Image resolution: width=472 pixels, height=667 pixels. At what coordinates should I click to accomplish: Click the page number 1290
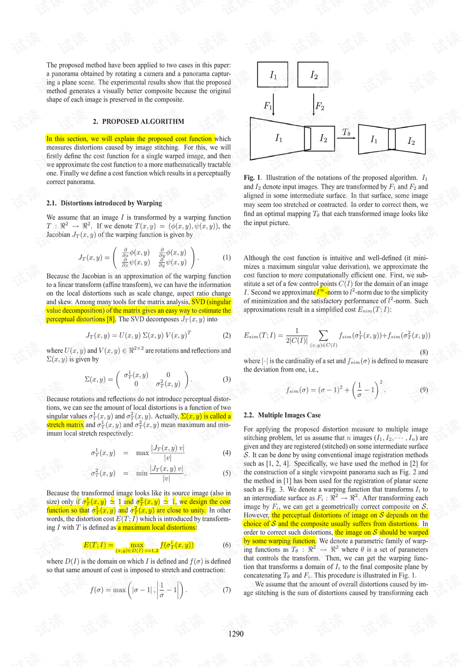(x=236, y=634)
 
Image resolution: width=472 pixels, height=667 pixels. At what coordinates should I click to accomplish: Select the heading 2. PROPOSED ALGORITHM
(x=139, y=121)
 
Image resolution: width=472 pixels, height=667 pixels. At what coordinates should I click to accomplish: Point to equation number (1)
(x=227, y=257)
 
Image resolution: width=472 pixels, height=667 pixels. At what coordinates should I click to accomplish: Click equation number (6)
(x=227, y=545)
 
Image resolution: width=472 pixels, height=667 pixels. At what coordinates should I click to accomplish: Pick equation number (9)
(x=424, y=390)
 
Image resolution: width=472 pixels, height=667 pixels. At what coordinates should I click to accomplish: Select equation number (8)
(x=424, y=352)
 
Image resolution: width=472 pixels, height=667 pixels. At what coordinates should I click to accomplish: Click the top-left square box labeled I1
(x=273, y=75)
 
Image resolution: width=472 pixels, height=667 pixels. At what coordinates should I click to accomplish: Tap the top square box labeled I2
(x=313, y=75)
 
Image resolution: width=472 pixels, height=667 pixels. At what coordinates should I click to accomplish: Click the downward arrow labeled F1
(x=273, y=104)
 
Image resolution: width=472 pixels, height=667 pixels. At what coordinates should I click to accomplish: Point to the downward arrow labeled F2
(x=314, y=104)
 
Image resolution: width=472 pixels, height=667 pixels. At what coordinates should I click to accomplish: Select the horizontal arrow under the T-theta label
(x=347, y=138)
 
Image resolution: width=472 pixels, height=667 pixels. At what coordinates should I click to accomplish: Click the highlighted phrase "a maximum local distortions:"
(x=157, y=527)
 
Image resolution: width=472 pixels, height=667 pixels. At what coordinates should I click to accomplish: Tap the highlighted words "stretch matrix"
(x=65, y=425)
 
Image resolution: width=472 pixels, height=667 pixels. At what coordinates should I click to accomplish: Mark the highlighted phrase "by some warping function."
(x=280, y=541)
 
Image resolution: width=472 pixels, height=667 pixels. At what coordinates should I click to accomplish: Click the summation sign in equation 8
(x=324, y=335)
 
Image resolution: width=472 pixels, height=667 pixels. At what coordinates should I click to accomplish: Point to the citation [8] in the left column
(x=111, y=319)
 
